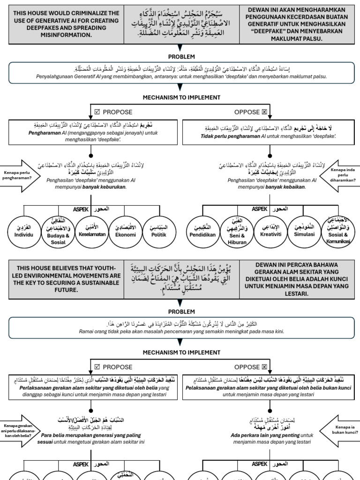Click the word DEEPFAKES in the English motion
pos(35,28)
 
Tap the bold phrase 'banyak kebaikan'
pos(285,187)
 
